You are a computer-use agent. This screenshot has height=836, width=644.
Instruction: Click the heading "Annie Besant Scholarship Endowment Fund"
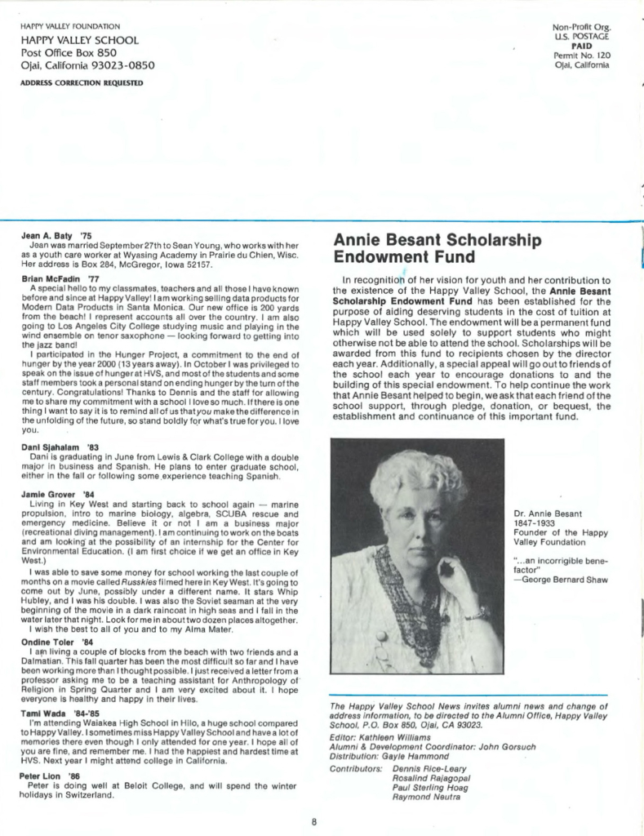pos(437,248)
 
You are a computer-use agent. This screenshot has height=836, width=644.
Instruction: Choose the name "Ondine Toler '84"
pos(56,642)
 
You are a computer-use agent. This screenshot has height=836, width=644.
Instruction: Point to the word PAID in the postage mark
pos(581,47)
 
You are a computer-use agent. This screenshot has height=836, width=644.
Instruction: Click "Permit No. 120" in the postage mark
pos(581,56)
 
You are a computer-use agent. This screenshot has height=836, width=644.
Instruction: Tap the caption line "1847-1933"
pos(535,523)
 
